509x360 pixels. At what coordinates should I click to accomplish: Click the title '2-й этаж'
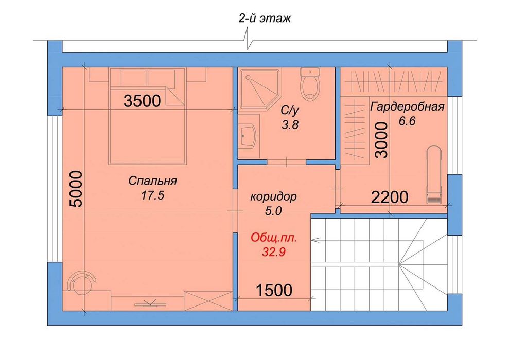[265, 19]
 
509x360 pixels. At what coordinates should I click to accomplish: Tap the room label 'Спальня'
[152, 181]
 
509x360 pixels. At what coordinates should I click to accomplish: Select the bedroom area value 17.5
[152, 195]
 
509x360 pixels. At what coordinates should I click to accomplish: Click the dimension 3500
[142, 101]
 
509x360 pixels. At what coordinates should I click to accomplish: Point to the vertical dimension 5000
[77, 189]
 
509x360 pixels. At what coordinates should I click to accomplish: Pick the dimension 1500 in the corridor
[274, 290]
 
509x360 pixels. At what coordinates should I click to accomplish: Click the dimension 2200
[390, 197]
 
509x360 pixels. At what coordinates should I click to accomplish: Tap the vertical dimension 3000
[381, 140]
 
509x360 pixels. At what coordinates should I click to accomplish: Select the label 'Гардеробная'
[407, 106]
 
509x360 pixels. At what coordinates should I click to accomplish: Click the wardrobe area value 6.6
[407, 121]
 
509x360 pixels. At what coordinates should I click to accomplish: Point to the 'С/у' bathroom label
[290, 111]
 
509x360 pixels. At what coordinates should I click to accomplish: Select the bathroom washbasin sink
[249, 136]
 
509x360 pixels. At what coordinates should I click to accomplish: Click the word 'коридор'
[273, 196]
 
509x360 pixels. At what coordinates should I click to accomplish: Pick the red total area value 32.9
[273, 251]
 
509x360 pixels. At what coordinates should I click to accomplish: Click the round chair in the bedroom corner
[82, 283]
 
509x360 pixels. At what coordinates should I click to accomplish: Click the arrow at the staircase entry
[315, 240]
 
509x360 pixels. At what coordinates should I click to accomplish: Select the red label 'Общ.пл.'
[274, 238]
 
